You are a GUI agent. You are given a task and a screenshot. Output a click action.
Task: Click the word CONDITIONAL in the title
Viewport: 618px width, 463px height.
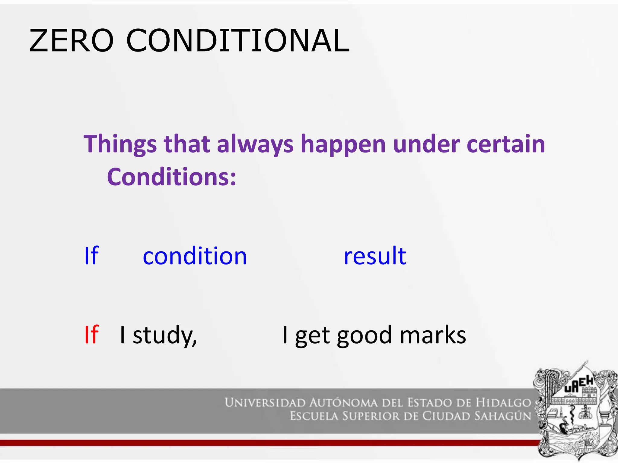click(238, 41)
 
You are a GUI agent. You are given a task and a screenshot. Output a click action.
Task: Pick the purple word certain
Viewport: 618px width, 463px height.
click(506, 144)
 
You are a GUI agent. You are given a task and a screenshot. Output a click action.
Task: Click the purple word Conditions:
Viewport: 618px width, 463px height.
click(171, 177)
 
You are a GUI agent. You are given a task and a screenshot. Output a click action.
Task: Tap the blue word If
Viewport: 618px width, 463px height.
click(91, 256)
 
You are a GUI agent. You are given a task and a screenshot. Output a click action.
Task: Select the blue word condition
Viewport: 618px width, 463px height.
click(195, 256)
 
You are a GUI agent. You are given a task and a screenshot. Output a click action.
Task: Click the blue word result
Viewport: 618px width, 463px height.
click(375, 256)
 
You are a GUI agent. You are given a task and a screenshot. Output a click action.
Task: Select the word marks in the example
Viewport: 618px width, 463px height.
click(433, 335)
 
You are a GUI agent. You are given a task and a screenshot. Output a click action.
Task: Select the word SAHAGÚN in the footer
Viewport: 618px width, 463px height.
click(502, 416)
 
